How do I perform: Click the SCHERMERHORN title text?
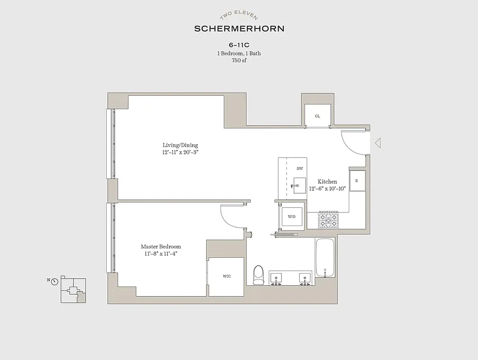tap(239, 29)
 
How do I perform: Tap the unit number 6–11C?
tap(239, 45)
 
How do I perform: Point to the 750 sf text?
tap(239, 60)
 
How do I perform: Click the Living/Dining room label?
tap(180, 145)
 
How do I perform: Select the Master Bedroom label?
tap(161, 247)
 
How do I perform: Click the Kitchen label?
tap(327, 182)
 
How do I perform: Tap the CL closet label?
tap(317, 116)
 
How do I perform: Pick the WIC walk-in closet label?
tap(226, 276)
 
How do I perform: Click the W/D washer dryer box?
tap(292, 217)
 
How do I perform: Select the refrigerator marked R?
tap(357, 180)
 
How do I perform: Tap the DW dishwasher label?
tap(299, 169)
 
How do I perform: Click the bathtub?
tap(325, 258)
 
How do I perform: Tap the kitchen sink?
tap(299, 185)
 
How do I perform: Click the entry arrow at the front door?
tap(378, 143)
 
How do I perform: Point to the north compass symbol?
tap(54, 282)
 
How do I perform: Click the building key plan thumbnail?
tap(72, 290)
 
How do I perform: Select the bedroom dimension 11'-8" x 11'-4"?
tap(161, 254)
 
